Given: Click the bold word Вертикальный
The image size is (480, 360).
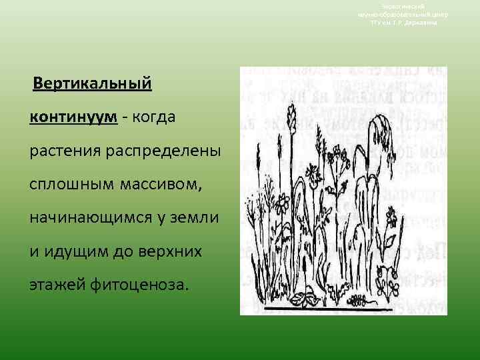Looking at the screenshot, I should coord(93,86).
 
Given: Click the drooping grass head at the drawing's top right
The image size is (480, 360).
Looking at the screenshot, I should coord(380,123).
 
